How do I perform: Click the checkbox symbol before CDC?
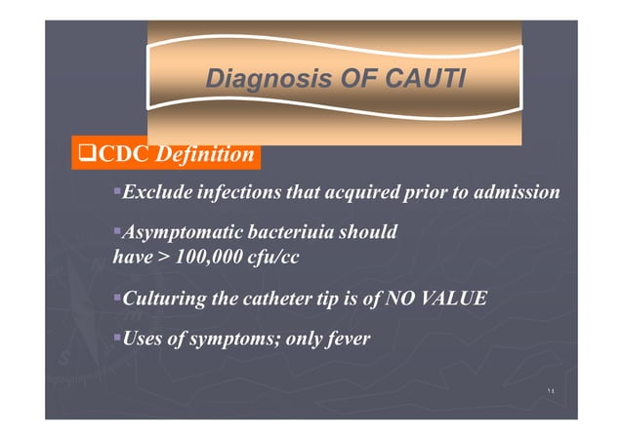(84, 154)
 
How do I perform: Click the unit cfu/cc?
(275, 258)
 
